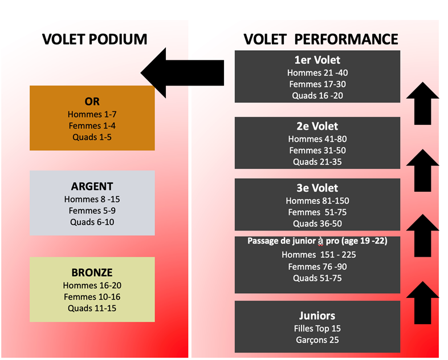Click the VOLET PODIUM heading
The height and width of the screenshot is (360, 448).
click(x=95, y=39)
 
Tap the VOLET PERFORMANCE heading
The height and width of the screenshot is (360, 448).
click(x=320, y=39)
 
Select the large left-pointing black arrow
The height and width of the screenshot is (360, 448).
click(x=182, y=73)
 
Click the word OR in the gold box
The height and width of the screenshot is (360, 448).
click(x=92, y=102)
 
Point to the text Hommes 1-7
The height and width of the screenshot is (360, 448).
click(x=92, y=114)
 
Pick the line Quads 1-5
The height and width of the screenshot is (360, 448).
click(x=92, y=137)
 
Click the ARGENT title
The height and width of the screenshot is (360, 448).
click(x=92, y=187)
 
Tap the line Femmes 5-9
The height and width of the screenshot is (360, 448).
click(x=92, y=211)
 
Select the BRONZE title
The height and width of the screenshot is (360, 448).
click(x=92, y=273)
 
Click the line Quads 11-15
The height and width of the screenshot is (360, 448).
click(x=92, y=309)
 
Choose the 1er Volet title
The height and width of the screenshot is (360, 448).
click(x=317, y=60)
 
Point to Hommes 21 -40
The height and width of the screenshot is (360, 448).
click(x=317, y=73)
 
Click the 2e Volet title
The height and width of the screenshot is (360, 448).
click(x=317, y=126)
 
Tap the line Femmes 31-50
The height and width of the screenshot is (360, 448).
click(x=317, y=151)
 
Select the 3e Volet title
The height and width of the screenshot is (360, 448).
click(x=317, y=188)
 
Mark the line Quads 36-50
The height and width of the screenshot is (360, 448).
click(x=317, y=224)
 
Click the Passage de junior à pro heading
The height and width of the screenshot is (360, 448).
click(x=317, y=241)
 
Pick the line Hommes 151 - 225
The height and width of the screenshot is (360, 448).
click(x=319, y=255)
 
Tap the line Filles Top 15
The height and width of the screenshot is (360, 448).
click(x=317, y=329)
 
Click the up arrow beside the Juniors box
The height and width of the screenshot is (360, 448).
click(x=422, y=302)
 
